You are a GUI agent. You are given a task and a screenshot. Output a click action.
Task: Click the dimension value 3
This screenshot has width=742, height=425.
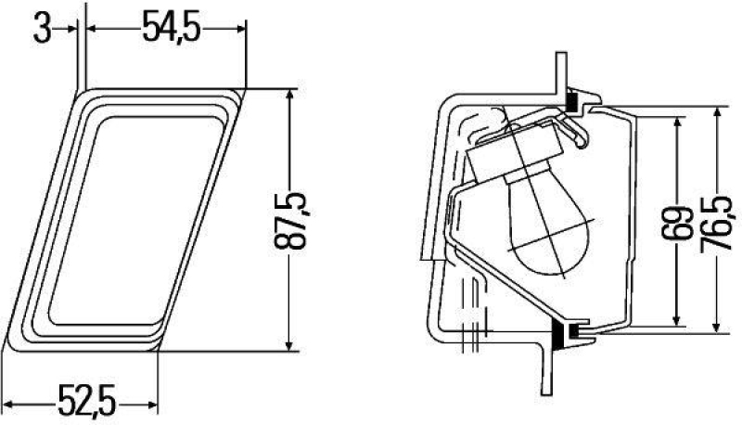coord(41,28)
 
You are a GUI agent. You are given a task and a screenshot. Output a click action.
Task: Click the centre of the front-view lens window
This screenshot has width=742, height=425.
coord(130,219)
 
